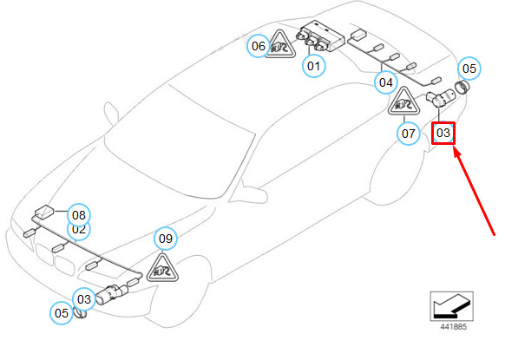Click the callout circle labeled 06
259,46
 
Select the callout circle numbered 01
314,66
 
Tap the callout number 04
386,82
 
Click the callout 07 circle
409,134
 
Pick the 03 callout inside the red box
443,133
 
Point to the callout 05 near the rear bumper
469,69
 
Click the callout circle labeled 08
79,215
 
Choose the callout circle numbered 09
166,239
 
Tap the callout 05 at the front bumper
62,313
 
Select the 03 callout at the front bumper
84,299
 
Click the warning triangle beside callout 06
280,45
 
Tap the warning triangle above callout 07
403,102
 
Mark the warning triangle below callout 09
162,269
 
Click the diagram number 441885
454,327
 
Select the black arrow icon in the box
451,306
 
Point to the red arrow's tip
454,147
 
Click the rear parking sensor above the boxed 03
440,98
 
